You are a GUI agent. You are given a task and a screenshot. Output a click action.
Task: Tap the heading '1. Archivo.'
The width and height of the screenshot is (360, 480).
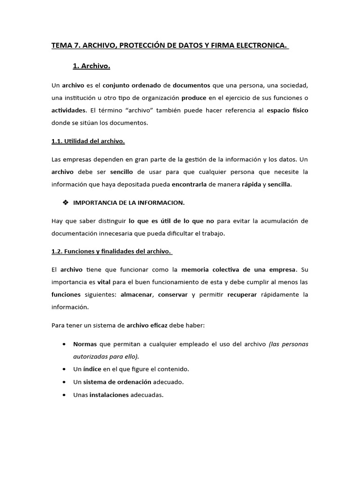(91, 66)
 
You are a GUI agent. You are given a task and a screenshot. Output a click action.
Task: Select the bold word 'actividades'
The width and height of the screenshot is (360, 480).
(69, 111)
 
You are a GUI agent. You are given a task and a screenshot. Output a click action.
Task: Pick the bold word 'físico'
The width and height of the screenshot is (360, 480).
(298, 111)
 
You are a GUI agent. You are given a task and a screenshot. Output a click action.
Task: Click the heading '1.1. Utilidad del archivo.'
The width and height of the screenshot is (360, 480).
(88, 141)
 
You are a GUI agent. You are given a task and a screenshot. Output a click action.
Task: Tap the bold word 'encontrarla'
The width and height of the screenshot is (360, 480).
(189, 184)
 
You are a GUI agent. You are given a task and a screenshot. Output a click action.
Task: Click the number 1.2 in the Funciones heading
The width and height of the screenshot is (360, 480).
(57, 251)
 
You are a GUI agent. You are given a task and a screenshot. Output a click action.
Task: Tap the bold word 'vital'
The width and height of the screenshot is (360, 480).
(103, 282)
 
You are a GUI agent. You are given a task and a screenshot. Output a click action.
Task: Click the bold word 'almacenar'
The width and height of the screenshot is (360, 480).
(136, 294)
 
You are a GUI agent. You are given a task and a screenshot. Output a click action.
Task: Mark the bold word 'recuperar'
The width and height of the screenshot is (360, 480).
(241, 294)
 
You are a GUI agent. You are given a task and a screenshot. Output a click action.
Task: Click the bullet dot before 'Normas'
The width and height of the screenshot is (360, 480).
(63, 344)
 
